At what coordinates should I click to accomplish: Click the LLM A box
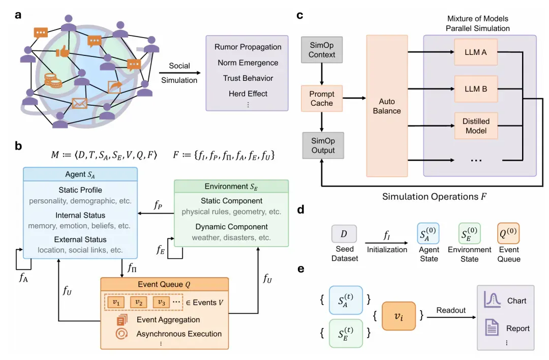[x=475, y=52]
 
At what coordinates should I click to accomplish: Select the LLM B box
[x=475, y=89]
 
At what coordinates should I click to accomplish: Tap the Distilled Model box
[x=475, y=126]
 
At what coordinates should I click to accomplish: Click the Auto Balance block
[x=387, y=106]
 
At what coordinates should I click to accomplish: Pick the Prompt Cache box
[x=322, y=99]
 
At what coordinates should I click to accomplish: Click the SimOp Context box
[x=322, y=50]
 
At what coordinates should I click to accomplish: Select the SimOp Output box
[x=323, y=145]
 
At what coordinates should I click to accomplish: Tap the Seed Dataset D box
[x=344, y=233]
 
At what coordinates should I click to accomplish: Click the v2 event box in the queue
[x=139, y=302]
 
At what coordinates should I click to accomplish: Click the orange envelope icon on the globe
[x=79, y=103]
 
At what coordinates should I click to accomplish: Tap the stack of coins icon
[x=53, y=80]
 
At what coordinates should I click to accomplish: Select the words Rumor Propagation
[x=248, y=47]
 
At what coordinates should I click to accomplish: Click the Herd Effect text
[x=248, y=94]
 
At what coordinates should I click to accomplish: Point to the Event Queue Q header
[x=165, y=284]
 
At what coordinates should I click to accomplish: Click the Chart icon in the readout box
[x=492, y=300]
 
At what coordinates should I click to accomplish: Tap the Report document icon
[x=492, y=327]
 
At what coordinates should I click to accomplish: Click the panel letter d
[x=300, y=209]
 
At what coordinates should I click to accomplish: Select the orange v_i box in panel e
[x=399, y=316]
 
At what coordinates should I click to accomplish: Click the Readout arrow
[x=451, y=317]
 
